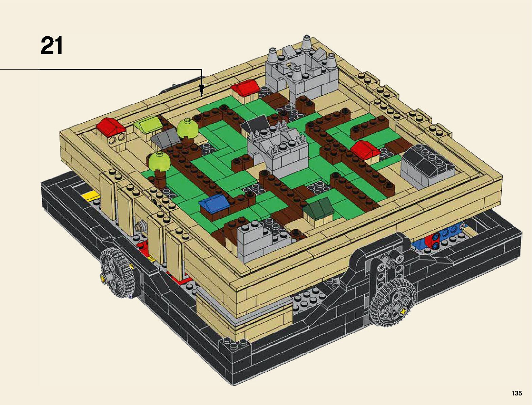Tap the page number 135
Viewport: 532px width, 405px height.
(517, 393)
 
